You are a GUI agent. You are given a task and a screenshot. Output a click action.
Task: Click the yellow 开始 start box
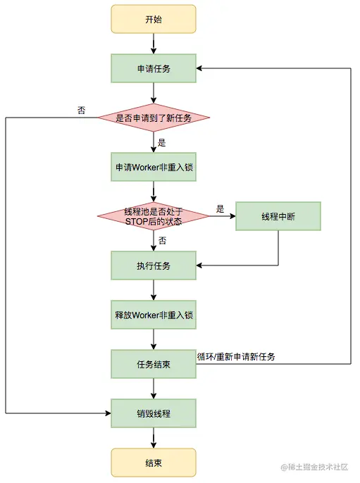(153, 20)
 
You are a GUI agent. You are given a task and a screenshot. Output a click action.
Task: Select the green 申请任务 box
(153, 68)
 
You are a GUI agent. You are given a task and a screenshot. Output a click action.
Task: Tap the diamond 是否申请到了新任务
(153, 118)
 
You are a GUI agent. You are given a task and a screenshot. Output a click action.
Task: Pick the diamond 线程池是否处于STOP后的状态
(153, 217)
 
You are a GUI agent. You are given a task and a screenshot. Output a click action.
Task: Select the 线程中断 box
(278, 217)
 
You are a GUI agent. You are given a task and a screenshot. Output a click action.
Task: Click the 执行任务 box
(153, 266)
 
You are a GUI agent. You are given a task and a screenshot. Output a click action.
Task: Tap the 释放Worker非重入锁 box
(153, 315)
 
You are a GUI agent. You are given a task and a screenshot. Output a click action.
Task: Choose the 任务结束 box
(153, 364)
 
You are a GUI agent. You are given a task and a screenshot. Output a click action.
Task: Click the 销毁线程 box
(153, 413)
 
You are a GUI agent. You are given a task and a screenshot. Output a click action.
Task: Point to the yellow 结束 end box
(153, 461)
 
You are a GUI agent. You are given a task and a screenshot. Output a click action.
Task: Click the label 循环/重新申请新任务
(236, 357)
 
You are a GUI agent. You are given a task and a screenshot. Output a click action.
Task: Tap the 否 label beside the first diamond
(82, 110)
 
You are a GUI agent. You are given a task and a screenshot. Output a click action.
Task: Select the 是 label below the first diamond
(161, 142)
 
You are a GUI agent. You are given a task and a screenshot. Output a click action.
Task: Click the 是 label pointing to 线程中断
(220, 209)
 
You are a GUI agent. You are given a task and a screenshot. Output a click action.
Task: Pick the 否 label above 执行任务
(162, 240)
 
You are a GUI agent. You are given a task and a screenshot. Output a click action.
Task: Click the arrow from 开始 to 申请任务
(153, 44)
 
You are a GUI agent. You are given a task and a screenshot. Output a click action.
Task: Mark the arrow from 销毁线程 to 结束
(153, 437)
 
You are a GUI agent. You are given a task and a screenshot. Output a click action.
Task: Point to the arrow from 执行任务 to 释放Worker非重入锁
(153, 290)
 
